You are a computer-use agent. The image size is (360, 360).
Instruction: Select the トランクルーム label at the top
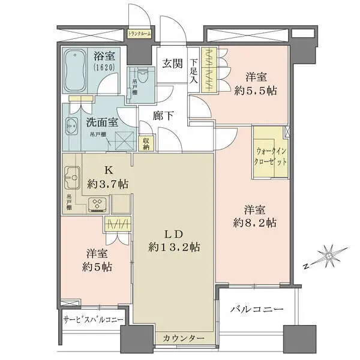point(140,34)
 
